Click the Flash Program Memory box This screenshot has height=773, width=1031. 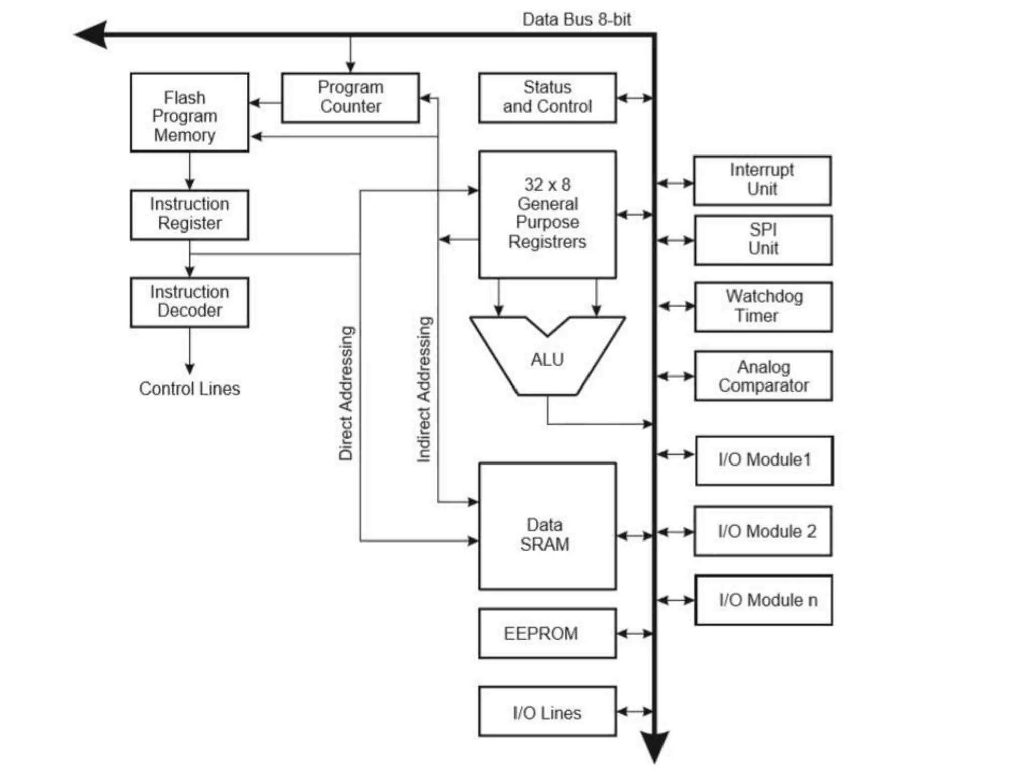tap(189, 112)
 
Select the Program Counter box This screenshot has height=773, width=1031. tap(350, 98)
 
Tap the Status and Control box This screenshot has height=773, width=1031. tap(547, 98)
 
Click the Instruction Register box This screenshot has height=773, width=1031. tap(189, 214)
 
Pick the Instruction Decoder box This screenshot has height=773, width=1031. tap(189, 302)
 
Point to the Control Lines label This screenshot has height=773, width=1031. tap(189, 389)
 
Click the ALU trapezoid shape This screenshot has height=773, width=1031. tap(547, 360)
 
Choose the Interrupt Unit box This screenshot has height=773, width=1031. tap(762, 180)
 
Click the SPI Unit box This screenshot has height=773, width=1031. tap(763, 240)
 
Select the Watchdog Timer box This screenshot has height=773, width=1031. tap(763, 306)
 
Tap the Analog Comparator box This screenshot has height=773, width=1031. tap(763, 376)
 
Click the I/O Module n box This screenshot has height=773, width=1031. tap(763, 600)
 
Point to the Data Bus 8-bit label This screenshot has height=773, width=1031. tap(576, 20)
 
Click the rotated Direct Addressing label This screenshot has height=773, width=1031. tap(346, 393)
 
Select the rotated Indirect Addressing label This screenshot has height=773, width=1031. tap(424, 389)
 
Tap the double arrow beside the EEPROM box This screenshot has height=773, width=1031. tap(635, 633)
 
